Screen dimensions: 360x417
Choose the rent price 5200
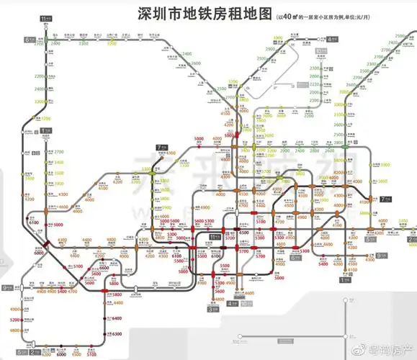point(15,318)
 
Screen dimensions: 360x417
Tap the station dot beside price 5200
point(25,318)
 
